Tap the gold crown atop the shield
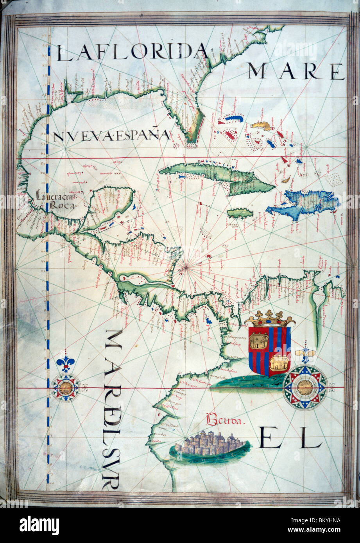coord(270,318)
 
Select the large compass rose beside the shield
coord(305,387)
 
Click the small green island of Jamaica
coord(240,213)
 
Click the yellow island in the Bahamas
coord(261,126)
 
